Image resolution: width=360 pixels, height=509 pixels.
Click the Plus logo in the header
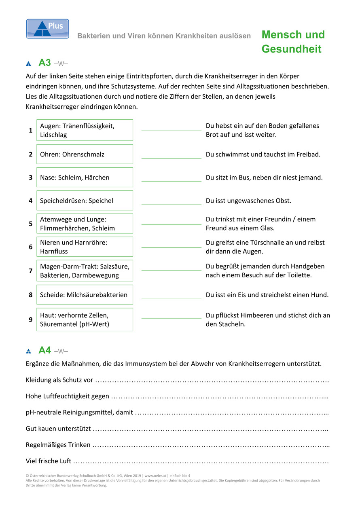(x=47, y=29)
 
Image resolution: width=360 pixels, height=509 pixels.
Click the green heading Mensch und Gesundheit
(x=293, y=42)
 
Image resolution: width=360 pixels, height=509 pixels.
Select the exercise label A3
(x=44, y=63)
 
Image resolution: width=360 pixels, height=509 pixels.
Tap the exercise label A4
(x=44, y=351)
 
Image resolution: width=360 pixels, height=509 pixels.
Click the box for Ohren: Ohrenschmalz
(x=85, y=154)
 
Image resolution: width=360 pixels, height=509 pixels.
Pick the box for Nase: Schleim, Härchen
(x=85, y=177)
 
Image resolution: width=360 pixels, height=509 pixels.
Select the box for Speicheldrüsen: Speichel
(x=85, y=201)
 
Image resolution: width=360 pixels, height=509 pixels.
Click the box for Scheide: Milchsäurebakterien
(x=85, y=295)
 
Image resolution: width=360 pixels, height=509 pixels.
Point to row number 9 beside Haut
(x=30, y=319)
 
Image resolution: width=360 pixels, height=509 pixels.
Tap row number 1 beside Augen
(x=30, y=130)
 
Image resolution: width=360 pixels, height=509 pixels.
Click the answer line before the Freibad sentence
(x=171, y=158)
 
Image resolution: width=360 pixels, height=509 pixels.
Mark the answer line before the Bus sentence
(x=171, y=181)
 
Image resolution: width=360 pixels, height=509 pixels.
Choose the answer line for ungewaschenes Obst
(x=171, y=204)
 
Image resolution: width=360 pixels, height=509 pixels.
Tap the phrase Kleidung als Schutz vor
(x=59, y=380)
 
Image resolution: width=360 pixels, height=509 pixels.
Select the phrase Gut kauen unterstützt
(x=58, y=429)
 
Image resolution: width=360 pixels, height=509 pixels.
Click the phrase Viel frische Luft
(x=49, y=461)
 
